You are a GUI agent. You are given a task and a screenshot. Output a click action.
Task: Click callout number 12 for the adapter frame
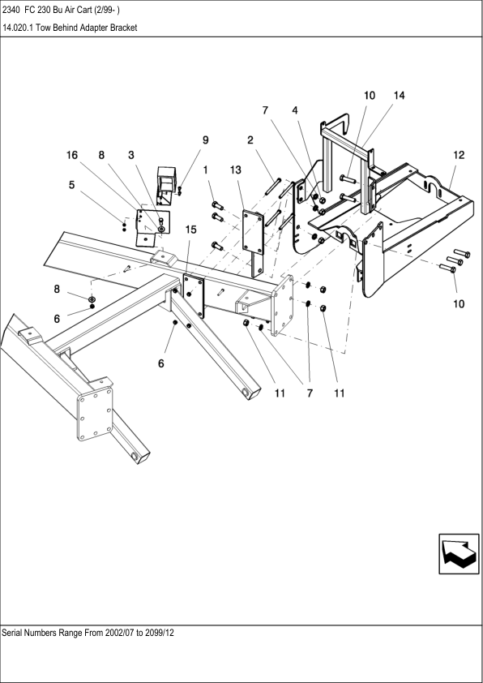(459, 155)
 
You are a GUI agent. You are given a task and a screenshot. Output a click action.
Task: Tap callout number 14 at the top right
(399, 96)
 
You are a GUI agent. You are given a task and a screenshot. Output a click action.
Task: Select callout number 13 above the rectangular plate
(235, 170)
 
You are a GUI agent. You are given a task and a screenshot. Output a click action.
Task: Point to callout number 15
(191, 230)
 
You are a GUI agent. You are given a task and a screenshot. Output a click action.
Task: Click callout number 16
(72, 155)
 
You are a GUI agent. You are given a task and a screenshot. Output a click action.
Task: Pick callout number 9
(205, 140)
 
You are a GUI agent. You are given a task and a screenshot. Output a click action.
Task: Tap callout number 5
(72, 185)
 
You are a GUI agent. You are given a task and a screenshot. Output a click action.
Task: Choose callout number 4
(295, 110)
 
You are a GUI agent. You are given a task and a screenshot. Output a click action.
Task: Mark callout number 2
(250, 140)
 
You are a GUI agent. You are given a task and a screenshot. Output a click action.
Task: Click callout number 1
(205, 170)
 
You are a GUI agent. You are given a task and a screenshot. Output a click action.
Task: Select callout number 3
(131, 155)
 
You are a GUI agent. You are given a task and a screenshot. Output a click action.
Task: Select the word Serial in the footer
(11, 633)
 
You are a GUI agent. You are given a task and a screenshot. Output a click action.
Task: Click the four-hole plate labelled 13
(253, 232)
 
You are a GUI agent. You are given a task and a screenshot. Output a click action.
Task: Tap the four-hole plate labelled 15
(194, 296)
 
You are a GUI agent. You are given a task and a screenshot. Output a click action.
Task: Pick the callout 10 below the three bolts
(459, 304)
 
